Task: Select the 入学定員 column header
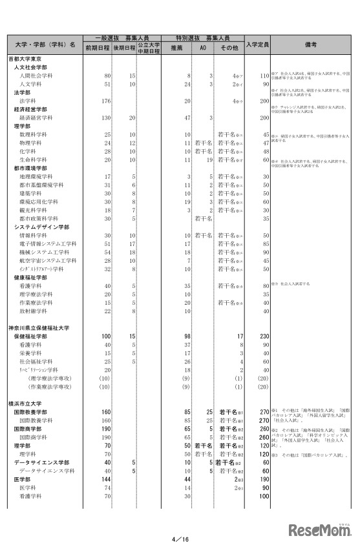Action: click(257, 45)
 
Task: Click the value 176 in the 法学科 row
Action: click(107, 101)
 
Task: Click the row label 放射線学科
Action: click(36, 311)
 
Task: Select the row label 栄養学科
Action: click(32, 353)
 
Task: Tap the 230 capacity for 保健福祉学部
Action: click(263, 336)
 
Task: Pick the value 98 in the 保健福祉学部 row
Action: click(187, 336)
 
